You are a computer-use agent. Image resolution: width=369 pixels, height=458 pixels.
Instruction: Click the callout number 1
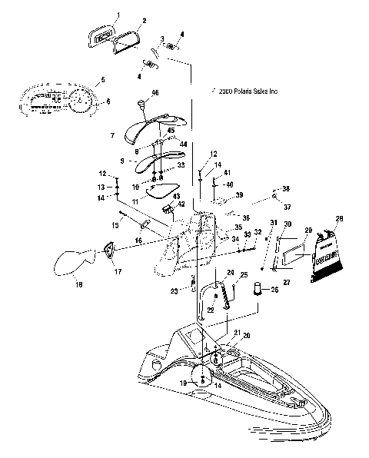(x=118, y=15)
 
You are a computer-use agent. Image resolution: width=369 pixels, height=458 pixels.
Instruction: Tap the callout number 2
(x=144, y=21)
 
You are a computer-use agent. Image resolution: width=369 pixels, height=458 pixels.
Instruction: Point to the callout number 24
(x=228, y=273)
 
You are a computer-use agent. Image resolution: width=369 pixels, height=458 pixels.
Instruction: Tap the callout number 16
(x=138, y=240)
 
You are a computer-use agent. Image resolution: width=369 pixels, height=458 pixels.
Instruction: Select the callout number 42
(x=181, y=204)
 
